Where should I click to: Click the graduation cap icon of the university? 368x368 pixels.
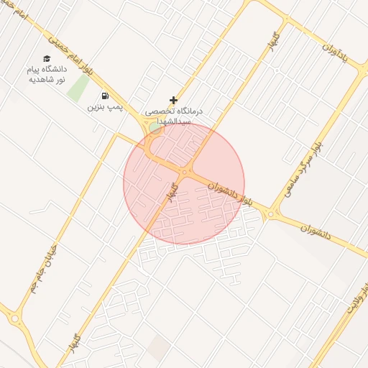click(x=47, y=58)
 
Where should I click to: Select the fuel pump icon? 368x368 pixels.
click(x=106, y=95)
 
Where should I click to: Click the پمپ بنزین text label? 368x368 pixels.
click(x=106, y=107)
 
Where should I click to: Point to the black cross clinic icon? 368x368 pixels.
click(x=173, y=101)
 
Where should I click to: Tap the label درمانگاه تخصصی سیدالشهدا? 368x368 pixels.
click(x=174, y=117)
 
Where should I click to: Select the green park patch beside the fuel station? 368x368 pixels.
click(x=78, y=88)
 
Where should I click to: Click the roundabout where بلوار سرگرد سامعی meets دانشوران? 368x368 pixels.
click(x=272, y=213)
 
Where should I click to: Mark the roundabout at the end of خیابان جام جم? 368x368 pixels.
click(x=14, y=318)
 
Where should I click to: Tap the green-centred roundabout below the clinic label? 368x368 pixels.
click(x=154, y=129)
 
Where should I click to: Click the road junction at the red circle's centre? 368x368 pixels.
click(x=185, y=173)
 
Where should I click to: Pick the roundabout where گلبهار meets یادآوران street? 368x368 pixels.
click(x=286, y=20)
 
